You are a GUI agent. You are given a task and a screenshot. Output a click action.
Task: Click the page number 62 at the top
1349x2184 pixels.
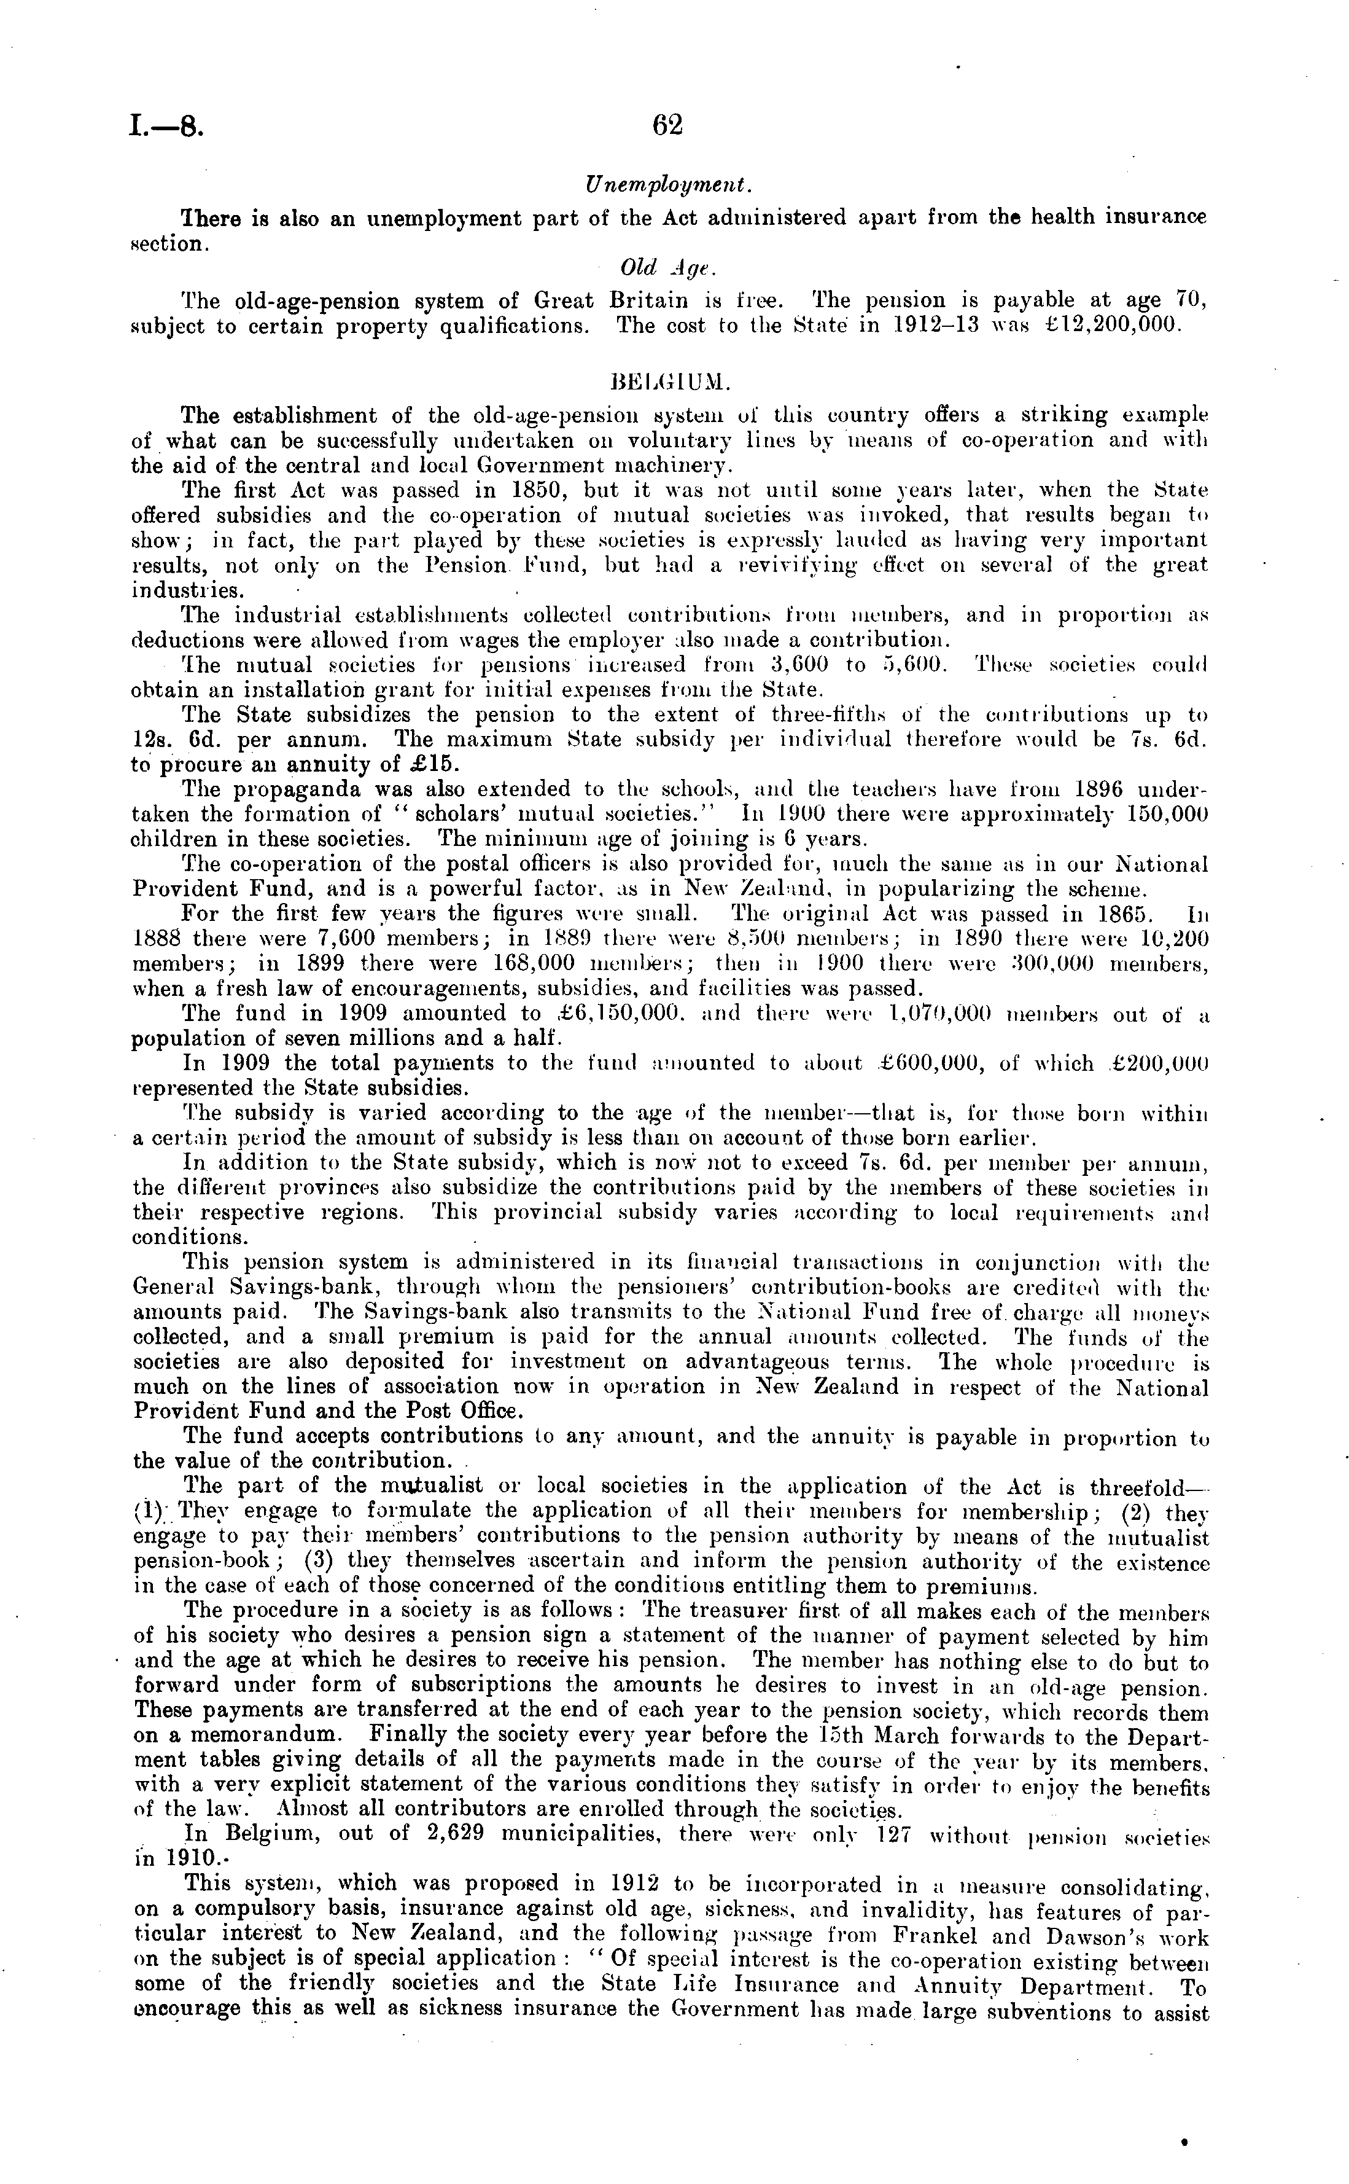pyautogui.click(x=667, y=126)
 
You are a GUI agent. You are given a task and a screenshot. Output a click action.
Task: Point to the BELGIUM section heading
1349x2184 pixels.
pyautogui.click(x=668, y=383)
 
